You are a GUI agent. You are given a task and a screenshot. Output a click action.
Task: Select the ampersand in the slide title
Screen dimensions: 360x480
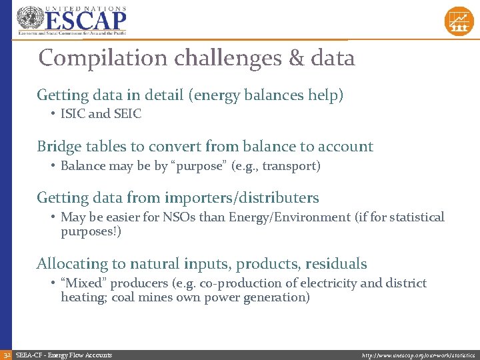(296, 59)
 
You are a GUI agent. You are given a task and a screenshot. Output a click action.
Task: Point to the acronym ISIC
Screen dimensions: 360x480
(73, 114)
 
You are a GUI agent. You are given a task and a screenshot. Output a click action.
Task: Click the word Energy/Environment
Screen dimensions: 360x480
(298, 217)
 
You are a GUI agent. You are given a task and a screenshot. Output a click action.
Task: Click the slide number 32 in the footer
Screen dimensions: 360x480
(6, 355)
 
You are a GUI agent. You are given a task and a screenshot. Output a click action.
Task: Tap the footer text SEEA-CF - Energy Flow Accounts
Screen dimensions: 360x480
(64, 355)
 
